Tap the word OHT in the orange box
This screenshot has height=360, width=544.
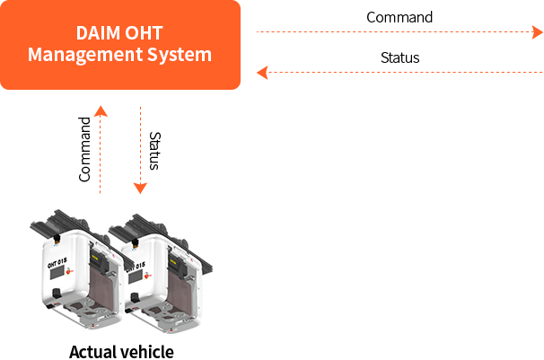coord(144,33)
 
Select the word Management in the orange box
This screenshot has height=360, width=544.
coord(85,55)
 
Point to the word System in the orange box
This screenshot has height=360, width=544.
coord(180,55)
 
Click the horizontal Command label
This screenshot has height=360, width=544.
coord(399,17)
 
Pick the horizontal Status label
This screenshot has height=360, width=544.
coord(400,57)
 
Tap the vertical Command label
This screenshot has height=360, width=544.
coord(84,150)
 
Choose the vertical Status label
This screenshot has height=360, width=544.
coord(154,151)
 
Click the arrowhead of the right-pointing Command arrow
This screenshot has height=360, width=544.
coord(538,32)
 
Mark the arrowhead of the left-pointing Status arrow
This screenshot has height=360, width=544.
coord(262,73)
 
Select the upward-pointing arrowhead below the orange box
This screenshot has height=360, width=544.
coord(101,111)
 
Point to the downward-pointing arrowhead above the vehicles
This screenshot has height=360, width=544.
coord(140,189)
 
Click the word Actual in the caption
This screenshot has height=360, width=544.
coord(92,352)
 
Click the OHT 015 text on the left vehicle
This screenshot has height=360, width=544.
coord(57,263)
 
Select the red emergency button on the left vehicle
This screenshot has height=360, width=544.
coord(69,271)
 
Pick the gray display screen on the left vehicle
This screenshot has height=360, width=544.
coord(57,273)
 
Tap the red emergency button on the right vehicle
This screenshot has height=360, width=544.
coord(146,276)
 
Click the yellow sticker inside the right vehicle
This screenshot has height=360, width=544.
coord(172,262)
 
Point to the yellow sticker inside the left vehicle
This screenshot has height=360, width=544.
coord(94,258)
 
